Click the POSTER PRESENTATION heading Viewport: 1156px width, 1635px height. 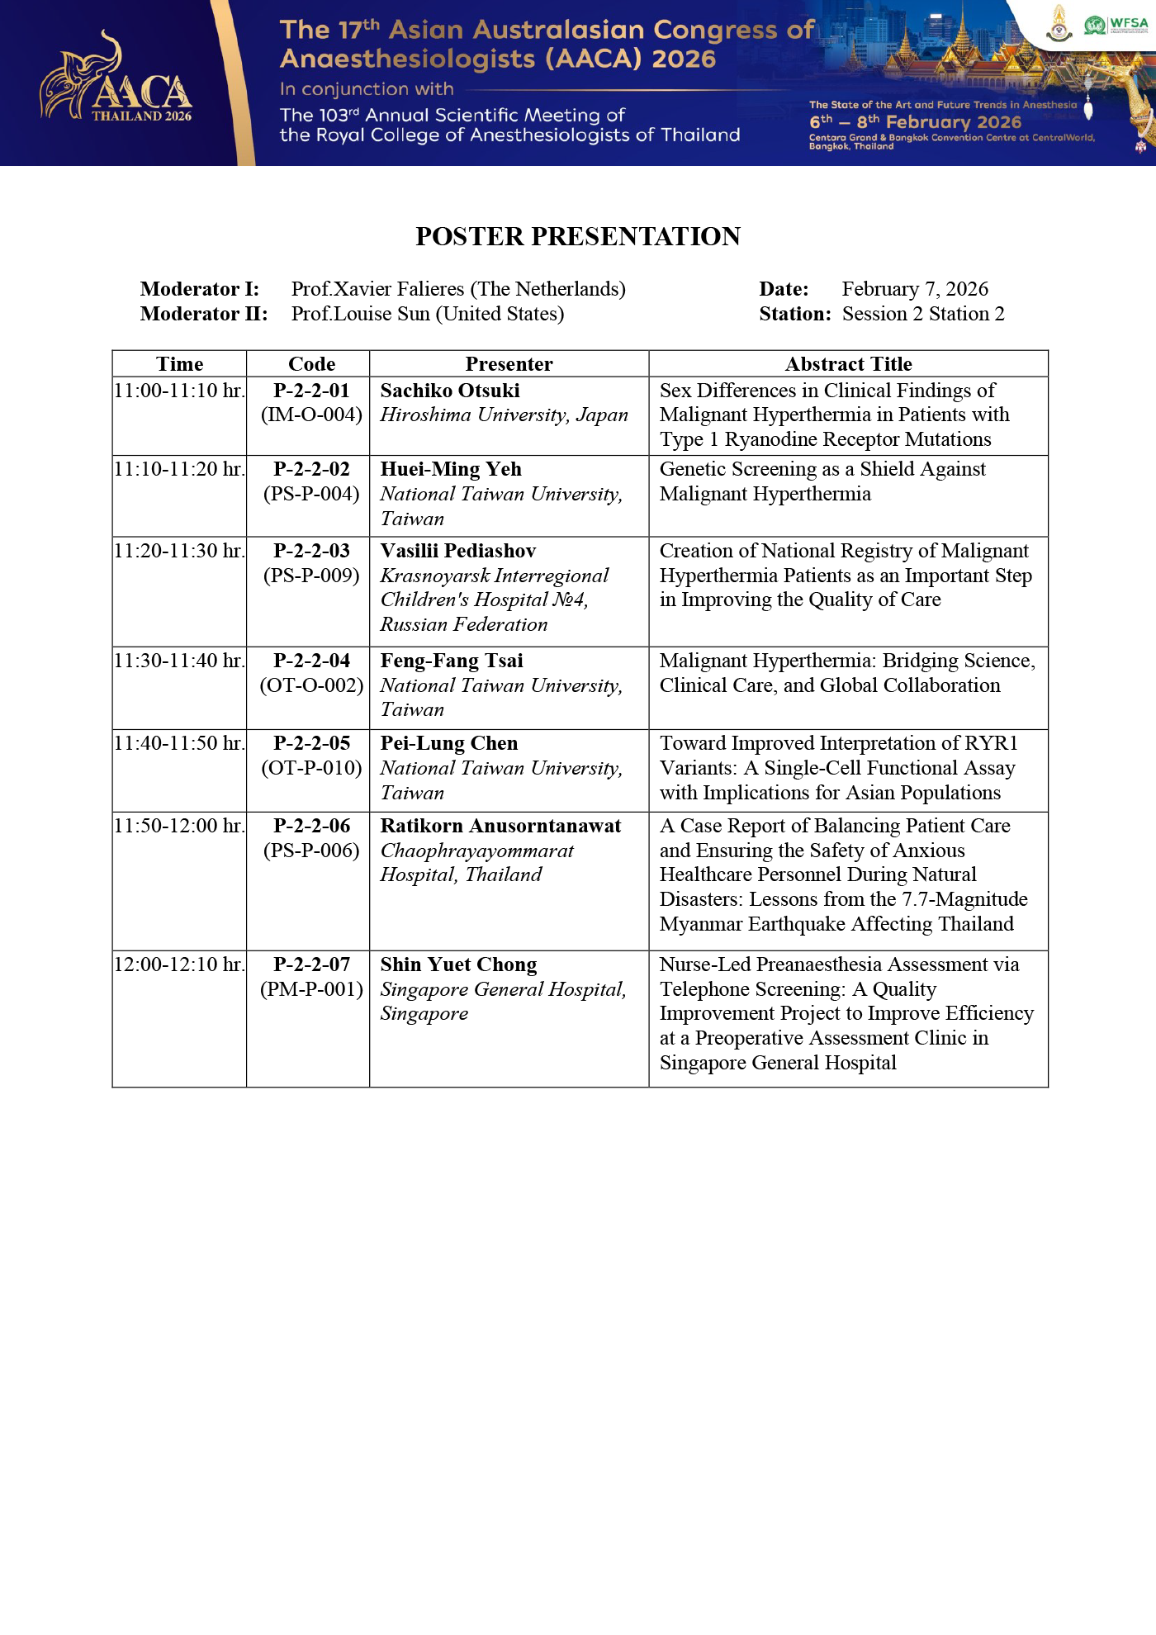pos(578,237)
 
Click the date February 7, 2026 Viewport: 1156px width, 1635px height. pos(915,289)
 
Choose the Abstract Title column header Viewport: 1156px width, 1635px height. pos(848,364)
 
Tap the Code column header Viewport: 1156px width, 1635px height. pos(311,364)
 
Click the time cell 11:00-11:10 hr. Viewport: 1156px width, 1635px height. pos(179,391)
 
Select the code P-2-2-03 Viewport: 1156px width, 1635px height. pos(311,551)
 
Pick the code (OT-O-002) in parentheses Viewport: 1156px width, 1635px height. pos(311,685)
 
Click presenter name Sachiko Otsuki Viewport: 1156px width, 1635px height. pos(450,391)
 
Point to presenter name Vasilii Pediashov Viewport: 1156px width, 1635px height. pos(458,551)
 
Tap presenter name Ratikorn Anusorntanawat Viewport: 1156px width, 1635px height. pos(500,826)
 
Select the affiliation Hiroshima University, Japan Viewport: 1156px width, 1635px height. pos(504,415)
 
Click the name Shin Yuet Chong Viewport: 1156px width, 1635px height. pos(458,964)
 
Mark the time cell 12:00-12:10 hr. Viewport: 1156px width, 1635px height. pos(179,964)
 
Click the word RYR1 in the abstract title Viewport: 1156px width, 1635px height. pos(991,743)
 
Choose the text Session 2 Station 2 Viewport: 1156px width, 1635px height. pos(923,314)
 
